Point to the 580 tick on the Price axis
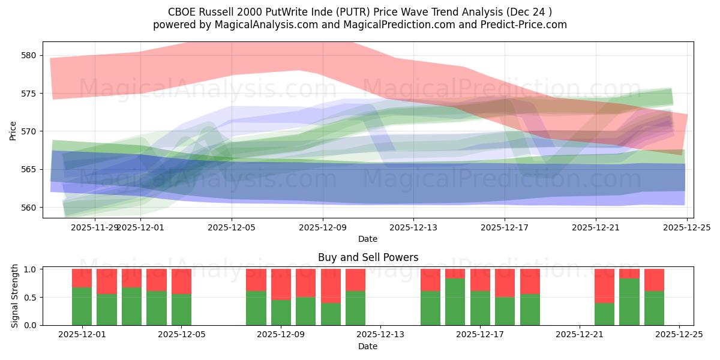29,55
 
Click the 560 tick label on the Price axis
29,208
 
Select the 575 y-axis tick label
29,94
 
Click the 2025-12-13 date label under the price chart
413,227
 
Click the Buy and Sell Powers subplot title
368,257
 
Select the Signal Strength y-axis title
16,298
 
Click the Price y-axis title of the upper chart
13,131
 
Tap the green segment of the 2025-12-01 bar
82,306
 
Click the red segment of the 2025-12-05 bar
181,281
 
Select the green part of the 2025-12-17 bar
480,308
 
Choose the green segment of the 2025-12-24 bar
654,308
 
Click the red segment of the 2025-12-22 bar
604,286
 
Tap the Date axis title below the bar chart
368,346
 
